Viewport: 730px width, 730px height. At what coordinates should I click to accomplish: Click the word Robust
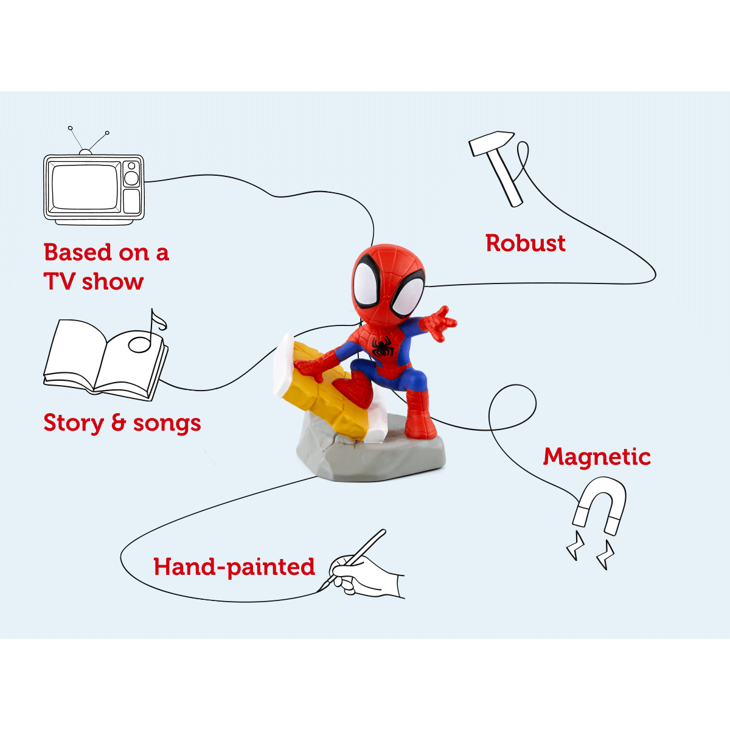tap(526, 243)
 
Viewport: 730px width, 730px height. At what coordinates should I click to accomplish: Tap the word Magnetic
tap(597, 456)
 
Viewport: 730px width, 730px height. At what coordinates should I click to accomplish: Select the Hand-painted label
tap(234, 567)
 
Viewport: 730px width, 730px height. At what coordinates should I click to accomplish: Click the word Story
tap(74, 423)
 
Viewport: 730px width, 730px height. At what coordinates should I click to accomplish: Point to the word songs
tap(167, 423)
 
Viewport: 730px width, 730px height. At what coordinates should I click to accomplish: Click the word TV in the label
tap(59, 282)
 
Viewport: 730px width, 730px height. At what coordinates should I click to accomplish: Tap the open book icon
tap(103, 359)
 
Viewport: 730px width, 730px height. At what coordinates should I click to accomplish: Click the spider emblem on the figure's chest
tap(383, 347)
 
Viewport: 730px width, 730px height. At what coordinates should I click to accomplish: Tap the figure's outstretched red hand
tap(440, 322)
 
